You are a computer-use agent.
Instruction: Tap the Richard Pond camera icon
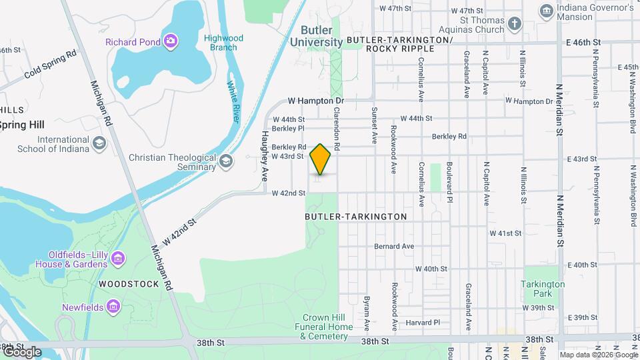pos(171,42)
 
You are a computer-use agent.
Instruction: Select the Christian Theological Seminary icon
pos(227,161)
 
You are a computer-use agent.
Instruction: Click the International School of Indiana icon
pos(99,143)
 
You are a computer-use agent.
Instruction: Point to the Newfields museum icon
pos(113,307)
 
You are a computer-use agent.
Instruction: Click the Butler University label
pos(316,36)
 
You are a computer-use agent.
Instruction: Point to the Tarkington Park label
pos(544,289)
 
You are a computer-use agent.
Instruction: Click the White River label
pos(233,102)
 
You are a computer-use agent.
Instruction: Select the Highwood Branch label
pos(223,43)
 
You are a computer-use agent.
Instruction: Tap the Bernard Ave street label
pos(394,246)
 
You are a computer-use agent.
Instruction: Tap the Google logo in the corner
pos(22,351)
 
